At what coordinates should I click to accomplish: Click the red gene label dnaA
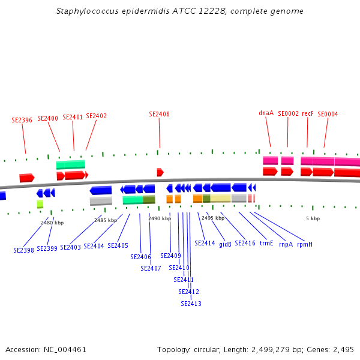pos(266,113)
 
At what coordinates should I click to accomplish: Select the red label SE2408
pos(159,114)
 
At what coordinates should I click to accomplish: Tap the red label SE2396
pos(22,120)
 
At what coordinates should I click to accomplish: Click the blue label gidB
pos(225,244)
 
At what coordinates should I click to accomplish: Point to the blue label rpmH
pos(305,244)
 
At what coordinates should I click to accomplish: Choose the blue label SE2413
pos(191,304)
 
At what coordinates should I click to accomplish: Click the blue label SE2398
pos(23,250)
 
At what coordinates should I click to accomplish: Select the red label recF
pos(308,113)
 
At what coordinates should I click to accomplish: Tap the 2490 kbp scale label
pos(160,219)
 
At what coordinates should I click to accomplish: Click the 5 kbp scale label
pos(313,219)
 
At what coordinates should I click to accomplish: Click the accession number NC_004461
pos(64,349)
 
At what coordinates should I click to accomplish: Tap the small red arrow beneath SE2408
pos(160,172)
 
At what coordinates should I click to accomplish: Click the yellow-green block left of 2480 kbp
pos(40,204)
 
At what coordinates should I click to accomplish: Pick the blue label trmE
pos(266,244)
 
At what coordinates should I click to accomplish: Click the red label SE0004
pos(328,114)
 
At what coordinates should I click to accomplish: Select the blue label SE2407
pos(151,268)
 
